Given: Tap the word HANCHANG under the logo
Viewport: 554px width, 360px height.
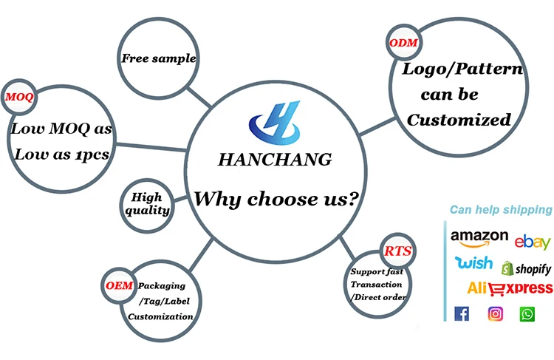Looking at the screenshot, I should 275,159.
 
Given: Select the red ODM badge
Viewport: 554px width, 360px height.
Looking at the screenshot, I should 403,43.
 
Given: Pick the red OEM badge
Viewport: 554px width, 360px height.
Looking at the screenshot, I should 119,285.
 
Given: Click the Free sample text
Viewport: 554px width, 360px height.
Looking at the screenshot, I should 159,58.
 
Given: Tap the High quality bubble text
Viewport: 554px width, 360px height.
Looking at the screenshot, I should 147,204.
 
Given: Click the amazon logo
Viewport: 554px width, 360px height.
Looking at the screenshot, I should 479,237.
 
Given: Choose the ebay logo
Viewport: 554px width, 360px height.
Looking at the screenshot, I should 533,241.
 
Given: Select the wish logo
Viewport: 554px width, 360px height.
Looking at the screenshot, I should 473,262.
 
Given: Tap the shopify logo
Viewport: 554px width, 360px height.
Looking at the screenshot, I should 527,268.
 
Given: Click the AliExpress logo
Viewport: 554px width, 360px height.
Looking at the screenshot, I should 510,288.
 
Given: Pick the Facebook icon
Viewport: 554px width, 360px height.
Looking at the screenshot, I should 462,313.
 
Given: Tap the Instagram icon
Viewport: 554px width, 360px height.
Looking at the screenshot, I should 495,313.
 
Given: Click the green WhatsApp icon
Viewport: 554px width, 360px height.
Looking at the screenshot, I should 527,313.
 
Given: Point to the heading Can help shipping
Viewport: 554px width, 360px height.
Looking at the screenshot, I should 501,210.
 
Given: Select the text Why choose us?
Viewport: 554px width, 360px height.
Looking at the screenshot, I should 277,199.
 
